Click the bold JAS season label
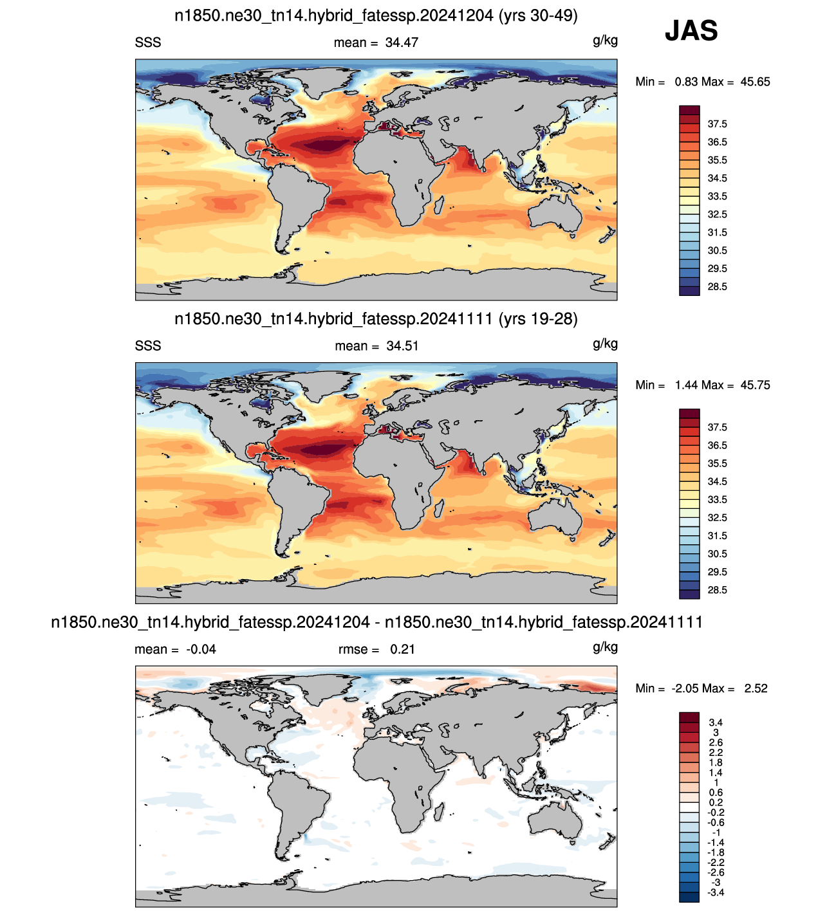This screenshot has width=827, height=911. click(x=691, y=31)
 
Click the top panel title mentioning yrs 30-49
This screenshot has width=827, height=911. click(x=376, y=15)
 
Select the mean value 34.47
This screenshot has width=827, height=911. click(x=402, y=42)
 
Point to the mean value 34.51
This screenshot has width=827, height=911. click(x=403, y=346)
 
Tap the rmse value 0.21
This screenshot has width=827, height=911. click(x=402, y=649)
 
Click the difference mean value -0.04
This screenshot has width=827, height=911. click(x=201, y=649)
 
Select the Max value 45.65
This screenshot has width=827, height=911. click(x=755, y=82)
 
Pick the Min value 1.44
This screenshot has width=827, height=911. click(x=685, y=385)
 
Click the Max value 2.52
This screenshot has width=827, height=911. click(x=756, y=688)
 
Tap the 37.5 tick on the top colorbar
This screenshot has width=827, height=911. click(x=717, y=124)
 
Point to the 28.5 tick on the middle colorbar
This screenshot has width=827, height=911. click(x=717, y=590)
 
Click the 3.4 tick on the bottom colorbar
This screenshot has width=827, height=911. click(x=716, y=722)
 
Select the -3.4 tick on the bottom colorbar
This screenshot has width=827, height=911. click(x=716, y=892)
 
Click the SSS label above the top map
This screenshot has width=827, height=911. click(x=148, y=42)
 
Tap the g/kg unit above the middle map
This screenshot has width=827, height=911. click(x=605, y=344)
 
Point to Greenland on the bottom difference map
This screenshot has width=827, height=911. click(x=326, y=688)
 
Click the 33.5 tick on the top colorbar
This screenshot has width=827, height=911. click(x=717, y=196)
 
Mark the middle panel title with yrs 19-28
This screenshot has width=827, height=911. click(x=376, y=319)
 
